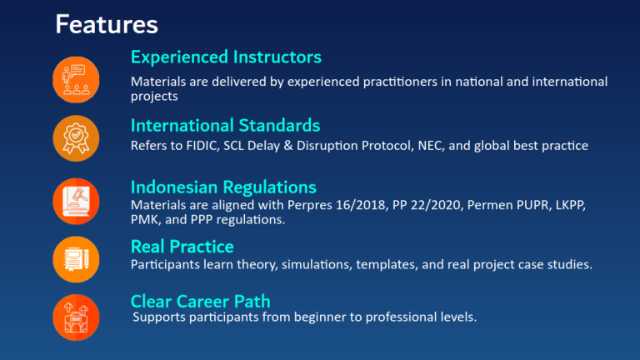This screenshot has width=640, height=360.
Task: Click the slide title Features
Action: (107, 24)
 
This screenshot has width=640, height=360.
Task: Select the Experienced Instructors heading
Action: (226, 57)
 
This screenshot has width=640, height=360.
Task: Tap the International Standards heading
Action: (225, 125)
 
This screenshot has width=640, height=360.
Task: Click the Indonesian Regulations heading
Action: (223, 187)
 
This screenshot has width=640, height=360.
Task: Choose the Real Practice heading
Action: (182, 247)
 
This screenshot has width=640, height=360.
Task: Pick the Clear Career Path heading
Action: (200, 302)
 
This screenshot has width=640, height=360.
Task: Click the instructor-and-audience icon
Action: (76, 80)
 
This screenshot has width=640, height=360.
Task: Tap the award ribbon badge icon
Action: (76, 138)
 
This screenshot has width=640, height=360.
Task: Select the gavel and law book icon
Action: (76, 201)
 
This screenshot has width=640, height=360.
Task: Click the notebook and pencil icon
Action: (76, 260)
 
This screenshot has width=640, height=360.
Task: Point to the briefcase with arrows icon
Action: (76, 317)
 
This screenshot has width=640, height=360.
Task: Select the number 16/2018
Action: (361, 205)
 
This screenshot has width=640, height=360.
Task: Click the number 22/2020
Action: (437, 205)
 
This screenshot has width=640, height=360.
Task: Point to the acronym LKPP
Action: (572, 205)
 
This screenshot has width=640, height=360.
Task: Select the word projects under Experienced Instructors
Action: (154, 97)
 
